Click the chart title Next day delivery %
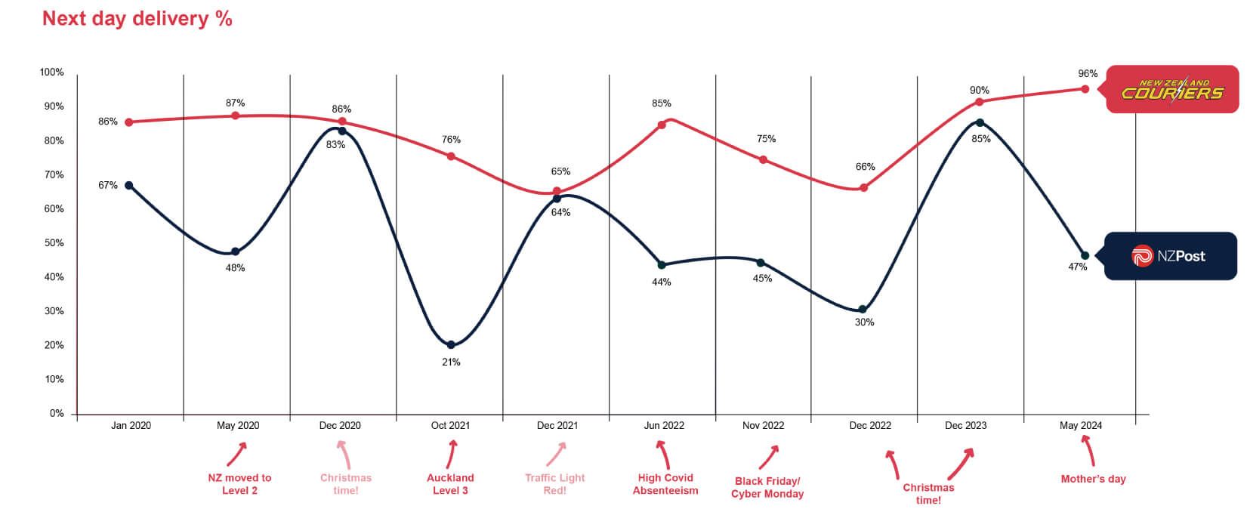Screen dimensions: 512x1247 click(137, 18)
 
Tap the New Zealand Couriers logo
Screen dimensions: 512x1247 click(1171, 90)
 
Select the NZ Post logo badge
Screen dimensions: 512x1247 click(1170, 256)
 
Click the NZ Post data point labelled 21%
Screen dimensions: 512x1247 click(451, 344)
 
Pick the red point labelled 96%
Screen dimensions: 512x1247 click(1085, 89)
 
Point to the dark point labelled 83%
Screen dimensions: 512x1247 click(342, 131)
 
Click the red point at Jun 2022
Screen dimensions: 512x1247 click(662, 125)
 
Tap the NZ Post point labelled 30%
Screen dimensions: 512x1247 click(863, 310)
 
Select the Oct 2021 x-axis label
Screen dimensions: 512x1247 click(450, 425)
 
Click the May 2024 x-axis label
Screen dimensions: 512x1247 click(1080, 425)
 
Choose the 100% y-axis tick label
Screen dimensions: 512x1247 click(52, 72)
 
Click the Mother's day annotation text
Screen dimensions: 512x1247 click(1093, 479)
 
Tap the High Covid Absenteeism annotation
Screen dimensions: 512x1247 click(665, 484)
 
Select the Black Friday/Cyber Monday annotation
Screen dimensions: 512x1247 click(767, 487)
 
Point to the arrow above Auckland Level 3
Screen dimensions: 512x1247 click(452, 454)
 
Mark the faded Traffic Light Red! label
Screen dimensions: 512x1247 click(554, 484)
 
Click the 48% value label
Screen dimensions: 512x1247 click(235, 268)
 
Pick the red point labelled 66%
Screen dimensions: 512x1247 click(864, 187)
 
